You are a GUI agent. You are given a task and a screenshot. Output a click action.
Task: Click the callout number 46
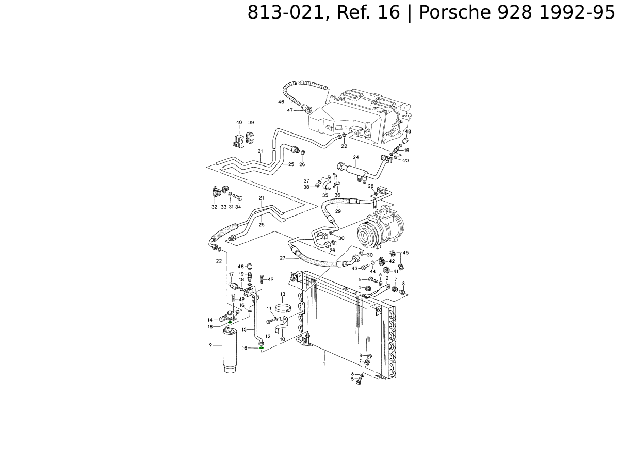(281, 102)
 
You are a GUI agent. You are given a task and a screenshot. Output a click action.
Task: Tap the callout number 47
(290, 110)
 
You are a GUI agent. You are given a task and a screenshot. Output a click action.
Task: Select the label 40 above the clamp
(239, 122)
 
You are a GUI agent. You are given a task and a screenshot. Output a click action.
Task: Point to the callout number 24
(356, 157)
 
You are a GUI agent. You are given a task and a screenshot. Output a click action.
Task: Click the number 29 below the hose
(338, 211)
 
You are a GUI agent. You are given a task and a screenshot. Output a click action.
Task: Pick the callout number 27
(283, 258)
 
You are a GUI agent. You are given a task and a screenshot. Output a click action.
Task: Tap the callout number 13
(283, 294)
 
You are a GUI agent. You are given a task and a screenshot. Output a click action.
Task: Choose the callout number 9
(210, 345)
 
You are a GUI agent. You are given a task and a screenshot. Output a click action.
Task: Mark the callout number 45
(405, 253)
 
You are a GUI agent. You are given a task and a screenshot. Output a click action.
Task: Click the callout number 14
(210, 320)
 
